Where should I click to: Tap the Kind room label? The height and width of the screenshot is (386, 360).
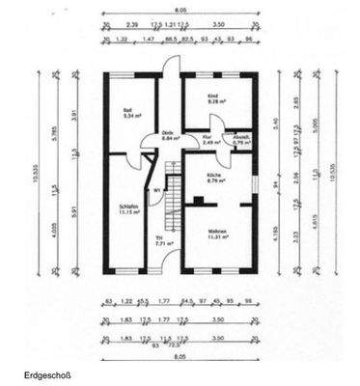coord(213,97)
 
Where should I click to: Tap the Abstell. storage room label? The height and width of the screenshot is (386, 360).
coord(240,137)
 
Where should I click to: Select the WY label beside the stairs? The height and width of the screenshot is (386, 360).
coord(156,190)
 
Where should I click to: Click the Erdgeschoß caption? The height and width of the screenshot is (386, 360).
coord(48,373)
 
